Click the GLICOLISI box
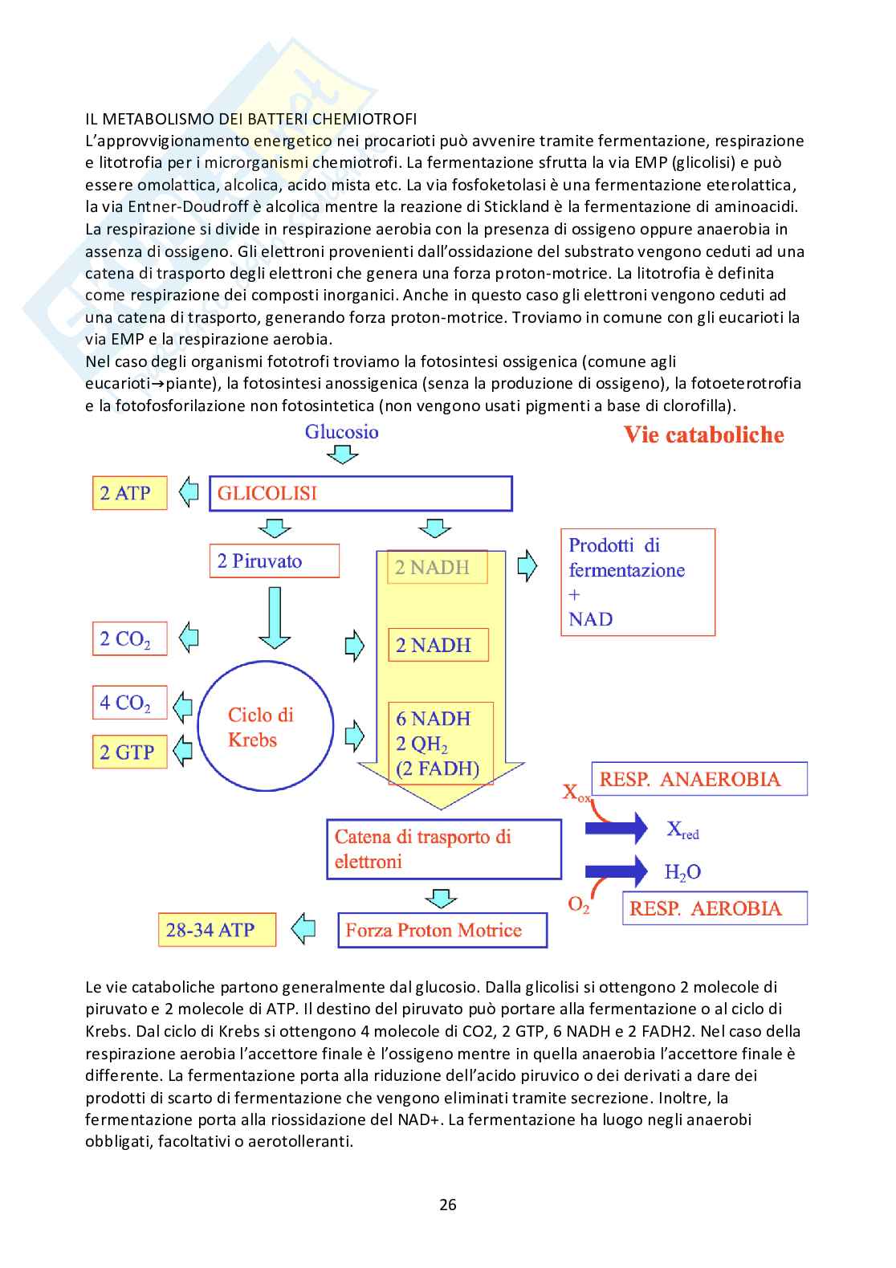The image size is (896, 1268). (x=360, y=493)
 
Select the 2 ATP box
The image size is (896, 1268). (x=129, y=493)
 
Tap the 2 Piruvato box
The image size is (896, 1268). (x=274, y=561)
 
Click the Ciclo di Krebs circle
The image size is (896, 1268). (x=265, y=728)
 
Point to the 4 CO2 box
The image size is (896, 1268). (x=129, y=703)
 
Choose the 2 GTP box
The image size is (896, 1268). (x=129, y=752)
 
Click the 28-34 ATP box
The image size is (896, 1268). (x=217, y=930)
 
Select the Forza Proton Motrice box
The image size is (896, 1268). (x=442, y=930)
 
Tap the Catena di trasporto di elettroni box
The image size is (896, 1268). (x=443, y=849)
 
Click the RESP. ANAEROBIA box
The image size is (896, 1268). (x=698, y=779)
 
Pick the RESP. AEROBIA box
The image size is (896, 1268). (x=715, y=908)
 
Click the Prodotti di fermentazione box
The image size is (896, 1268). (x=637, y=582)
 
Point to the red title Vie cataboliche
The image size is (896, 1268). (x=703, y=435)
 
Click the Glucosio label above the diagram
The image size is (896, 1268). (x=341, y=432)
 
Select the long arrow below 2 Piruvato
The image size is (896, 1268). (x=275, y=617)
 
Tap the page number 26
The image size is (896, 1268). (x=448, y=1204)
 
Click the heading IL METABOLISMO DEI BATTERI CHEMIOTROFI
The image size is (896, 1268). (x=251, y=119)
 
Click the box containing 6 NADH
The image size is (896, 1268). (x=441, y=743)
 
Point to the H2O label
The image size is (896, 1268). (x=682, y=872)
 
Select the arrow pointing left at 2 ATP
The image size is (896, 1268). (x=189, y=491)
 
